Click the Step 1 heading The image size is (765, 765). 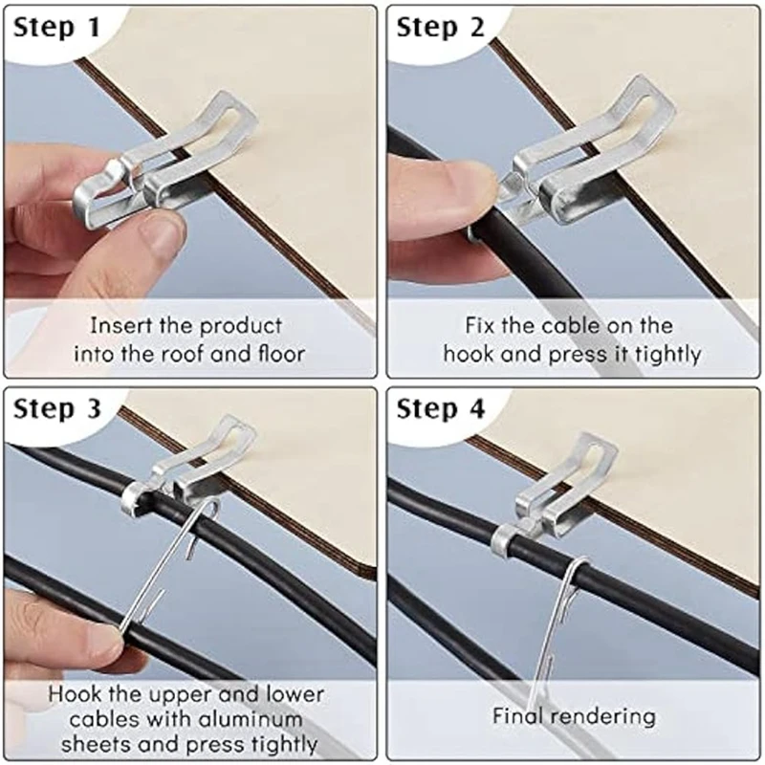point(56,28)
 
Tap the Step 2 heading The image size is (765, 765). point(441,28)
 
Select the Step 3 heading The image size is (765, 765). point(57,409)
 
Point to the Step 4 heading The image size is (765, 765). point(441,409)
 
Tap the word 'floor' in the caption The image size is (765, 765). point(281,353)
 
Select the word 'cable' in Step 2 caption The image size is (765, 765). point(572,325)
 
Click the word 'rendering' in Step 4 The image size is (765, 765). point(606,716)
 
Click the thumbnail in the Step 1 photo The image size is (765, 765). point(162,237)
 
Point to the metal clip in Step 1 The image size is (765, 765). point(164,161)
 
